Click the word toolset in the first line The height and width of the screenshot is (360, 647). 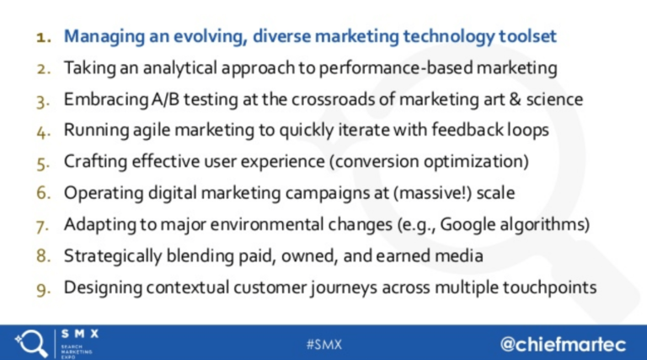coord(523,38)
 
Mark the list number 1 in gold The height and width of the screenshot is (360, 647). coord(45,38)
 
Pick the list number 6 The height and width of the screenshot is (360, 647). coord(45,193)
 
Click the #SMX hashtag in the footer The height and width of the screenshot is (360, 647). coord(323,343)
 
